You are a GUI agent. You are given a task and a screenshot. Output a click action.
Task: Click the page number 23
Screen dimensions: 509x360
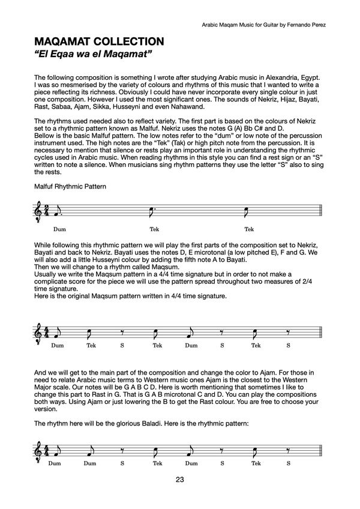(x=180, y=479)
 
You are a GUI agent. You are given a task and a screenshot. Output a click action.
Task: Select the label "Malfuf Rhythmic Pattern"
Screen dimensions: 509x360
(x=70, y=186)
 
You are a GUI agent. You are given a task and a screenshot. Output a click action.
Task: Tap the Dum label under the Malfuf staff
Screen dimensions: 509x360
(x=59, y=229)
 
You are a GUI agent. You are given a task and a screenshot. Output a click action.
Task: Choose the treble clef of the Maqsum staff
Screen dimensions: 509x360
(x=40, y=331)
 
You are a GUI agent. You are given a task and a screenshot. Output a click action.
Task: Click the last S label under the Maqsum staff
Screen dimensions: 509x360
(x=288, y=345)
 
